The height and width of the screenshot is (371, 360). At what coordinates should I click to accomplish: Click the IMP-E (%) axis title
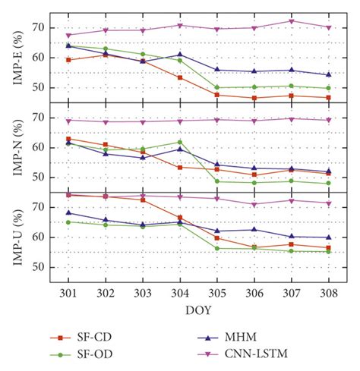pos(16,57)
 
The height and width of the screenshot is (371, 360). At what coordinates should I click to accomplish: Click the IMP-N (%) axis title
pos(16,147)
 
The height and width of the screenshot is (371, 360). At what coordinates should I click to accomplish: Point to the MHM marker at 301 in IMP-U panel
pos(68,212)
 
